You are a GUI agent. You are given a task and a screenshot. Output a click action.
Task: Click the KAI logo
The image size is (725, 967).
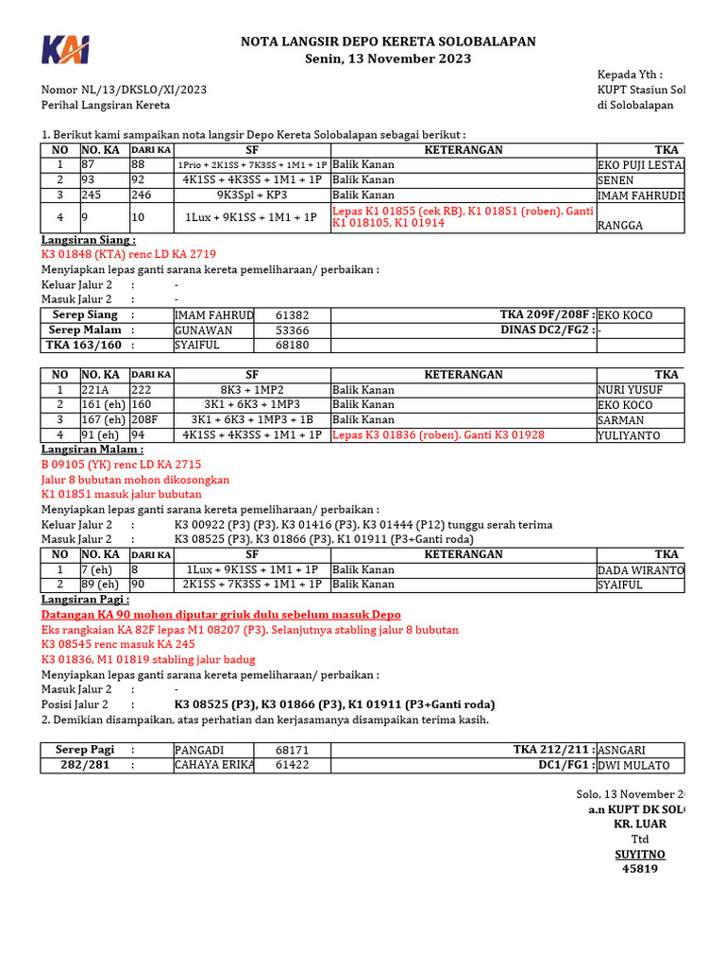point(65,51)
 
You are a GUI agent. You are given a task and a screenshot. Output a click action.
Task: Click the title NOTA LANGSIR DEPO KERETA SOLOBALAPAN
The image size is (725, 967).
point(388,42)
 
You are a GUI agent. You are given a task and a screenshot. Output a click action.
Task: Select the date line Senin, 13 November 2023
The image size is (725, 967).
point(388,59)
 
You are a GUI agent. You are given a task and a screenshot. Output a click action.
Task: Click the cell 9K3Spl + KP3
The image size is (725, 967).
point(252,195)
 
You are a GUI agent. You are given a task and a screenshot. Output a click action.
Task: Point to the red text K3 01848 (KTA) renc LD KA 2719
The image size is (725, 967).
point(128,255)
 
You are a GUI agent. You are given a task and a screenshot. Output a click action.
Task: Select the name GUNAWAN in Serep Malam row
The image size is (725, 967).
point(202,331)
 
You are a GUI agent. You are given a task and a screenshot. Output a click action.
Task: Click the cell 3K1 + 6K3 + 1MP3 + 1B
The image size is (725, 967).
point(252,420)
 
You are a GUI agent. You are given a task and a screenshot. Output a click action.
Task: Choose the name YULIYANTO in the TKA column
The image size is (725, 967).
point(631,435)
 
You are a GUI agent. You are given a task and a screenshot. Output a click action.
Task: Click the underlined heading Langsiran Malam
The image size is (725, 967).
point(93,450)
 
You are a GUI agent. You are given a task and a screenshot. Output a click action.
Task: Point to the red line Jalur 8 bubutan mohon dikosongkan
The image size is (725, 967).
point(135,480)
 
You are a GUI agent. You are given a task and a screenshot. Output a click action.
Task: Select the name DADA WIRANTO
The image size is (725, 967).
point(641,570)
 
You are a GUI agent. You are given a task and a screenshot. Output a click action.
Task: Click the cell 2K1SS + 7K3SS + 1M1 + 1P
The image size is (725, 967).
point(252,585)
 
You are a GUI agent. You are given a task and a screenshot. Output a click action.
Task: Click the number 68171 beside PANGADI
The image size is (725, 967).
point(292,750)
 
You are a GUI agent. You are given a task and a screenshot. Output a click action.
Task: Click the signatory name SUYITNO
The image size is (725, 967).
point(640,854)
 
